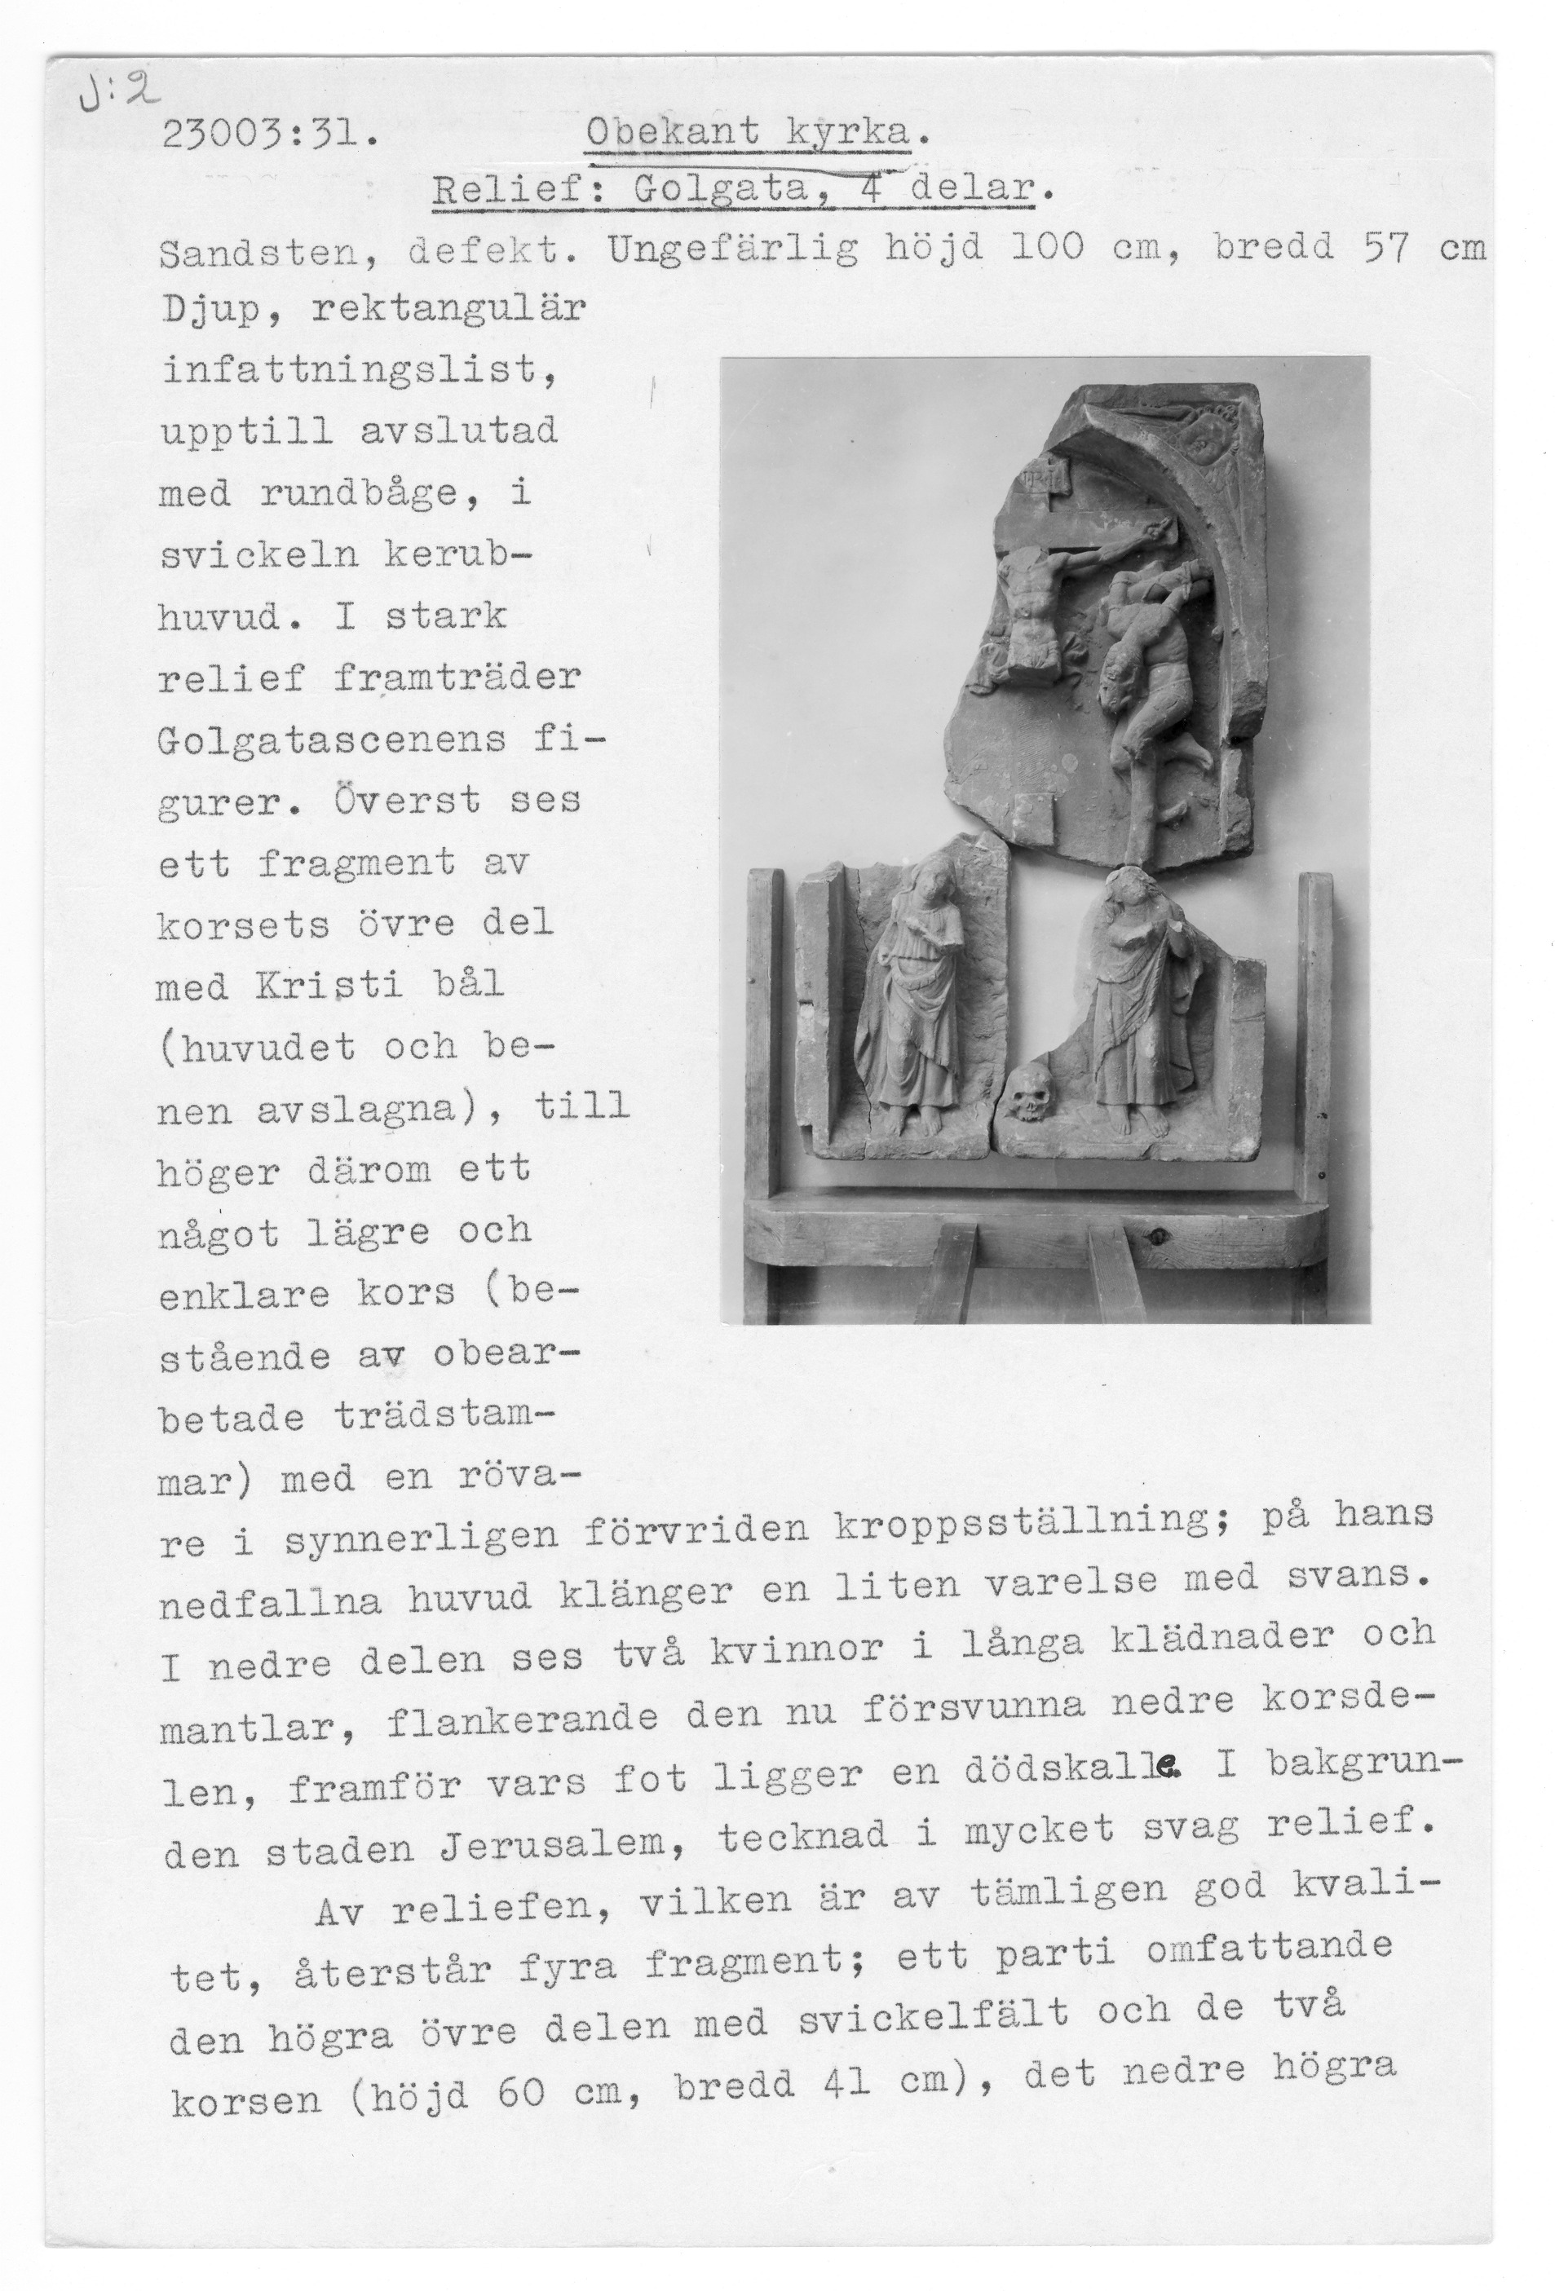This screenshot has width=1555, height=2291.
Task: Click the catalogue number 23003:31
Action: (268, 133)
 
